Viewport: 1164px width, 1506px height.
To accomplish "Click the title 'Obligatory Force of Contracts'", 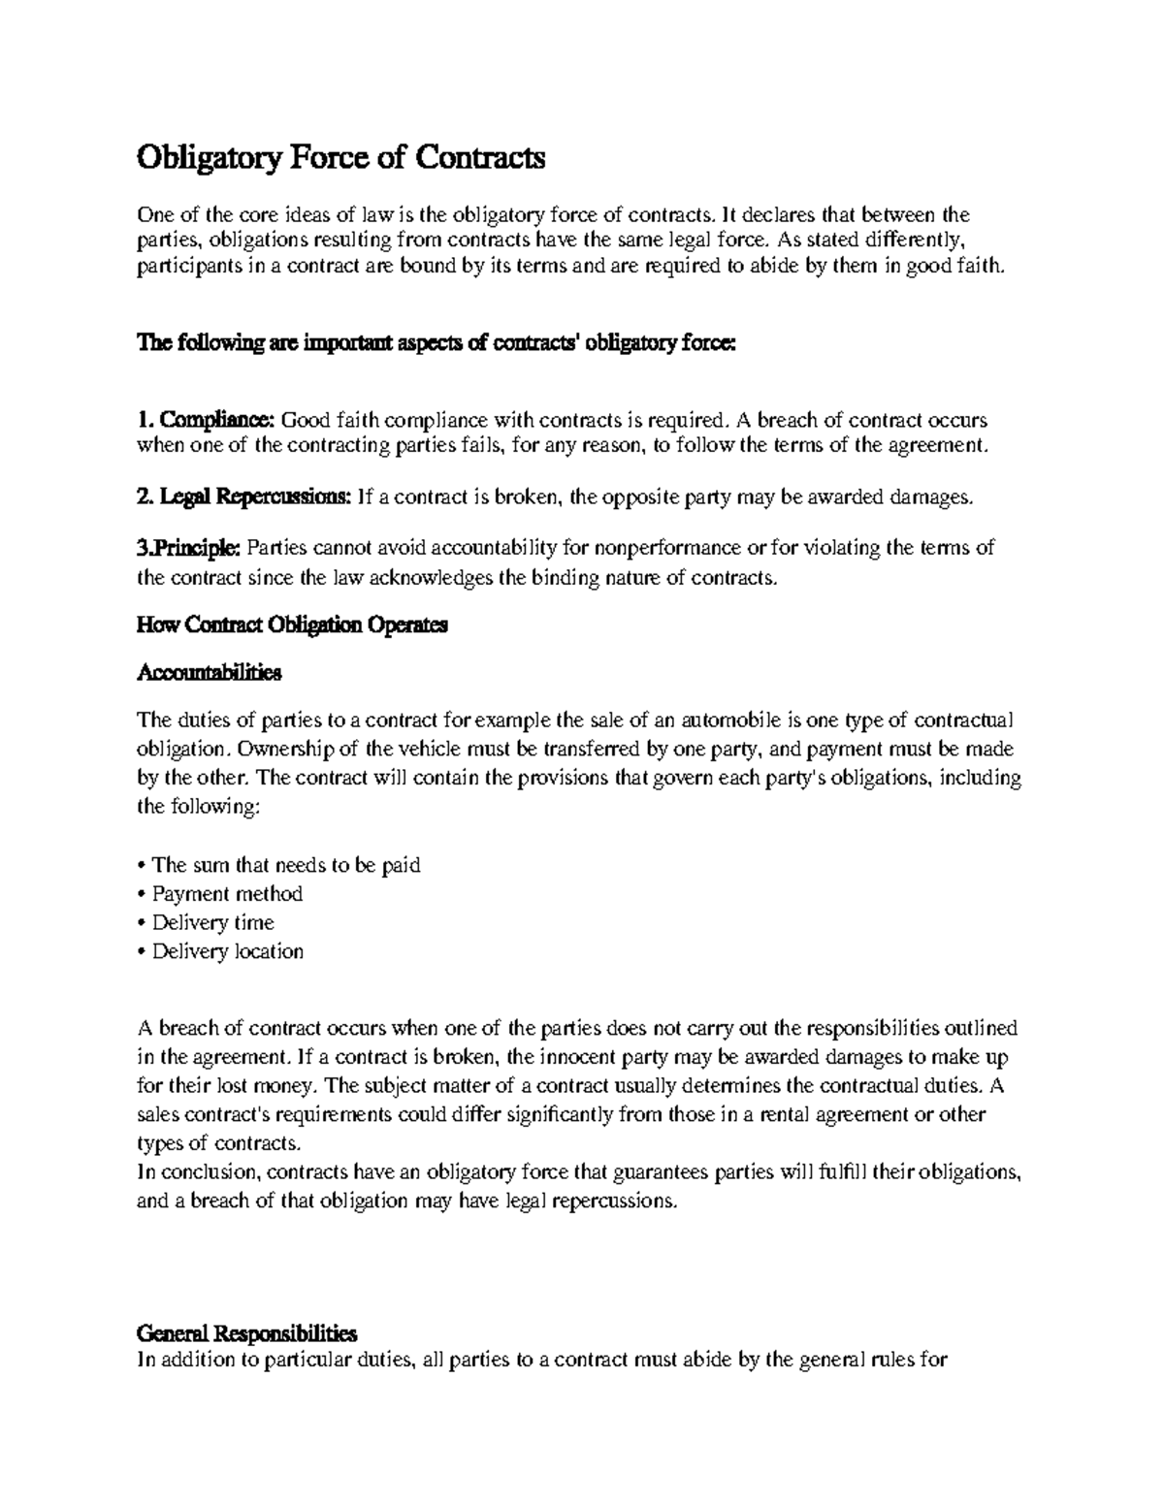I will click(341, 157).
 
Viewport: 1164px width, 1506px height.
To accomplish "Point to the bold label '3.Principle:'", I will click(190, 548).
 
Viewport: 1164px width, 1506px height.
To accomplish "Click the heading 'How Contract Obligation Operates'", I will click(292, 625).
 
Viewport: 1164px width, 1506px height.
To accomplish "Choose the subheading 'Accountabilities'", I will click(210, 672).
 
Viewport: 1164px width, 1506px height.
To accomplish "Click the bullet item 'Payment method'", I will click(227, 893).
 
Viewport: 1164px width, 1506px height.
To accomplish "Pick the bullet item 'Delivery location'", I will click(227, 951).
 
